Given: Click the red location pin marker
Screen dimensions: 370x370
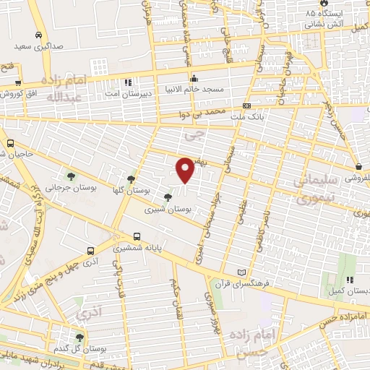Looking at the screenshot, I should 186,170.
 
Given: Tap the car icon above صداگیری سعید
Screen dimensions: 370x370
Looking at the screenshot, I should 37,34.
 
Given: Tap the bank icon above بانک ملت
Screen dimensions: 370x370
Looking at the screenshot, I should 248,105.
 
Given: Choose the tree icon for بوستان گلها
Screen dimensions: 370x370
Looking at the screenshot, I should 130,179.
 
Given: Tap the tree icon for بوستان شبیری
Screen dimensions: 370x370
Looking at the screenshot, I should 168,197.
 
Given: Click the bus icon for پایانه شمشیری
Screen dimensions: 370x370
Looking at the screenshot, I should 137,236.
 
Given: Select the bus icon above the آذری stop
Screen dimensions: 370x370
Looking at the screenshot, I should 90,251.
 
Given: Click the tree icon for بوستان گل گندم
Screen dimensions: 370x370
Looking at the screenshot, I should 79,337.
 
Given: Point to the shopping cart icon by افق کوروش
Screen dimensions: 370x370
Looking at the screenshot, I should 17,83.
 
